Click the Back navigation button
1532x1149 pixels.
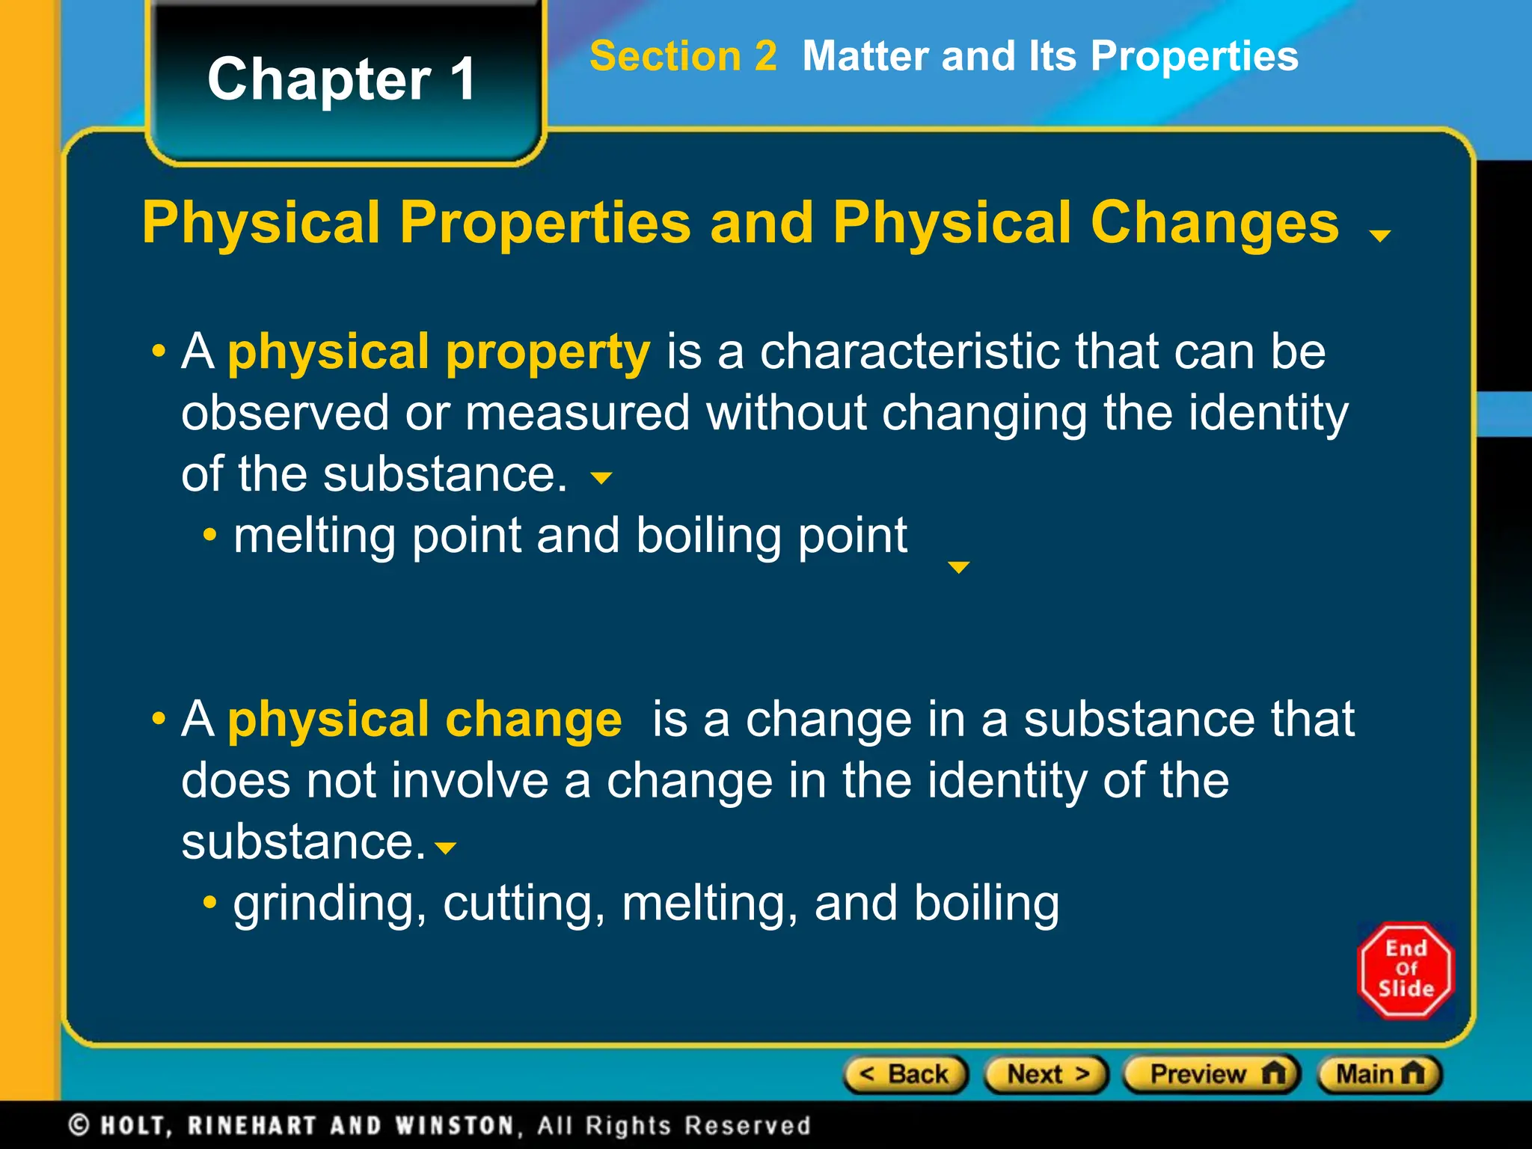tap(906, 1075)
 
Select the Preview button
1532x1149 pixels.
tap(1213, 1075)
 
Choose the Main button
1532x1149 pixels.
tap(1379, 1075)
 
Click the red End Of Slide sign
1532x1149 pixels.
tap(1406, 970)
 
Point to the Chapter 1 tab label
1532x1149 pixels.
tap(342, 79)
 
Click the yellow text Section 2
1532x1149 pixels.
tap(683, 57)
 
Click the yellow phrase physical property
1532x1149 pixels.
tap(438, 352)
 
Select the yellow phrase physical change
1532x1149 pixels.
tap(424, 720)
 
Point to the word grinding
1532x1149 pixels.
tap(323, 904)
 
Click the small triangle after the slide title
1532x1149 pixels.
tap(1379, 236)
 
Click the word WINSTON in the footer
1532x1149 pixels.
tap(455, 1125)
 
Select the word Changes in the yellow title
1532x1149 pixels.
tap(1214, 223)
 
